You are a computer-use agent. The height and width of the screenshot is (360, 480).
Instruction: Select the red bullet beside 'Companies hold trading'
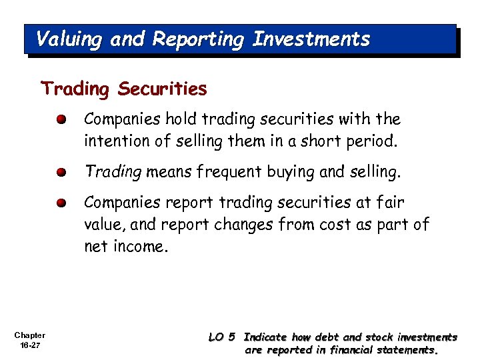coord(61,120)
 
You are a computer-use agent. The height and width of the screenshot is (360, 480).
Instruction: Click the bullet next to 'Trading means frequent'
coord(61,172)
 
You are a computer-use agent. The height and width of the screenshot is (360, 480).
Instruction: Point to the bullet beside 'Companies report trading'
coord(61,203)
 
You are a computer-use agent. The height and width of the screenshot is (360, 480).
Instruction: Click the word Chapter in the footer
coord(29,335)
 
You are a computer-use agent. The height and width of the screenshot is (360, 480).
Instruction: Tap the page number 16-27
coord(29,345)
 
